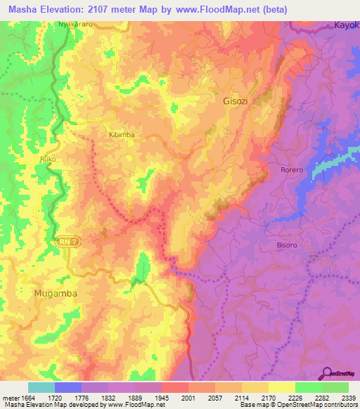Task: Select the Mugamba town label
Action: [x=55, y=292]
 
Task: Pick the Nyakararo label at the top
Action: [x=76, y=24]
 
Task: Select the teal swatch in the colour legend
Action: [x=41, y=387]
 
